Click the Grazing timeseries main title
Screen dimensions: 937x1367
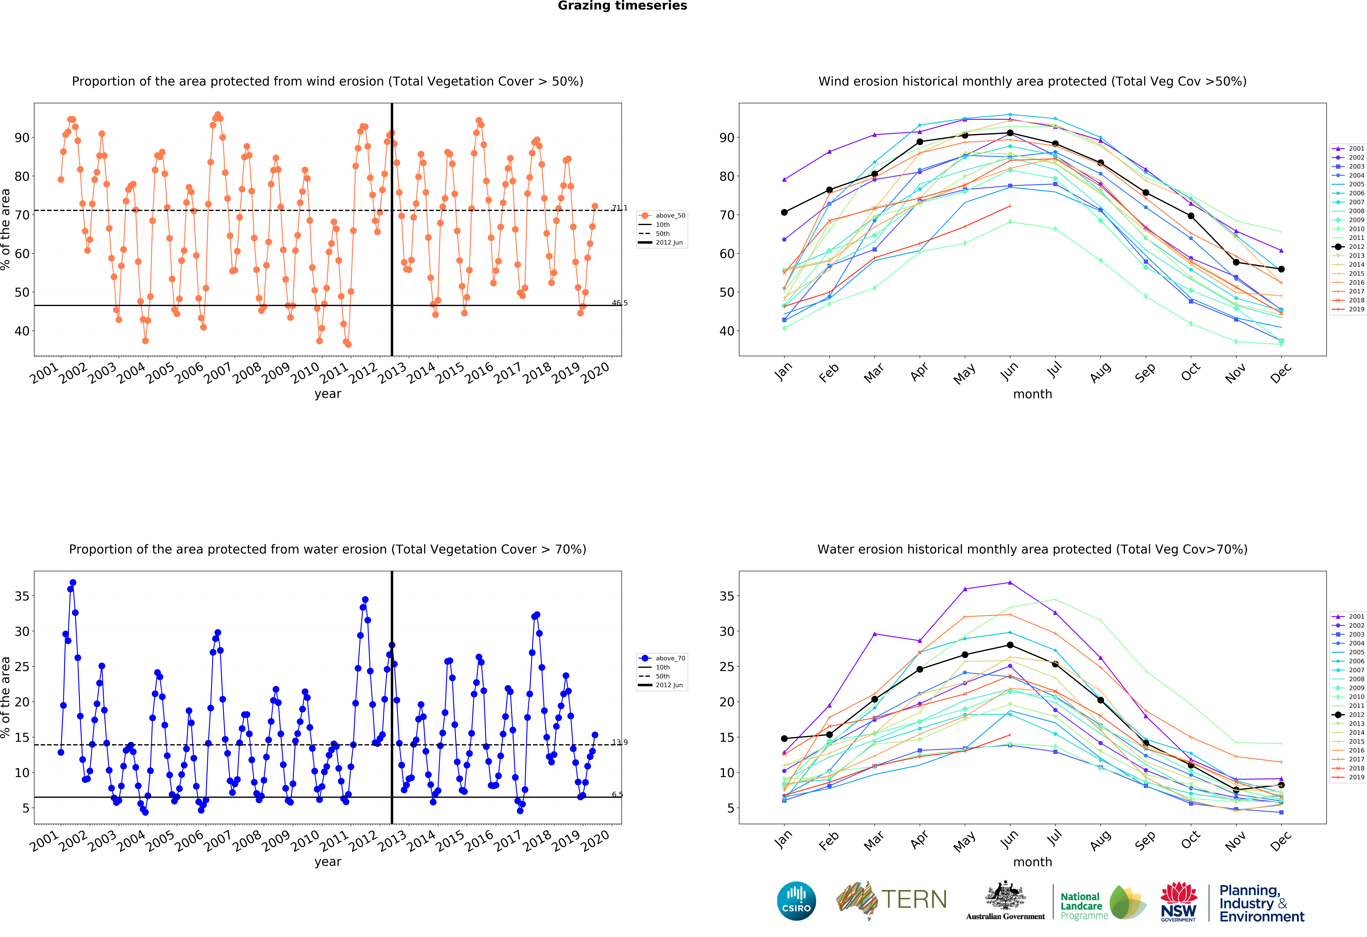(622, 6)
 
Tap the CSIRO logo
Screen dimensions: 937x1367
(796, 900)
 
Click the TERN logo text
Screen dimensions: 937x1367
(913, 899)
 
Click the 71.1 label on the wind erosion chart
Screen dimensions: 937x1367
(619, 208)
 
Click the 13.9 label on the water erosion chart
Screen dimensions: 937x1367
(619, 742)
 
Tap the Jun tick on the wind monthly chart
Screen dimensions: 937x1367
(1009, 371)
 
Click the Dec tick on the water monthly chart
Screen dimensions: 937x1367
(1280, 840)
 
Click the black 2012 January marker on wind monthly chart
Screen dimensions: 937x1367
(784, 212)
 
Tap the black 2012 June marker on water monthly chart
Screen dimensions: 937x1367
(1010, 645)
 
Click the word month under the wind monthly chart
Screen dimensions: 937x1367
(1032, 394)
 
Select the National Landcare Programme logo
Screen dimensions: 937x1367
(1103, 903)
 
